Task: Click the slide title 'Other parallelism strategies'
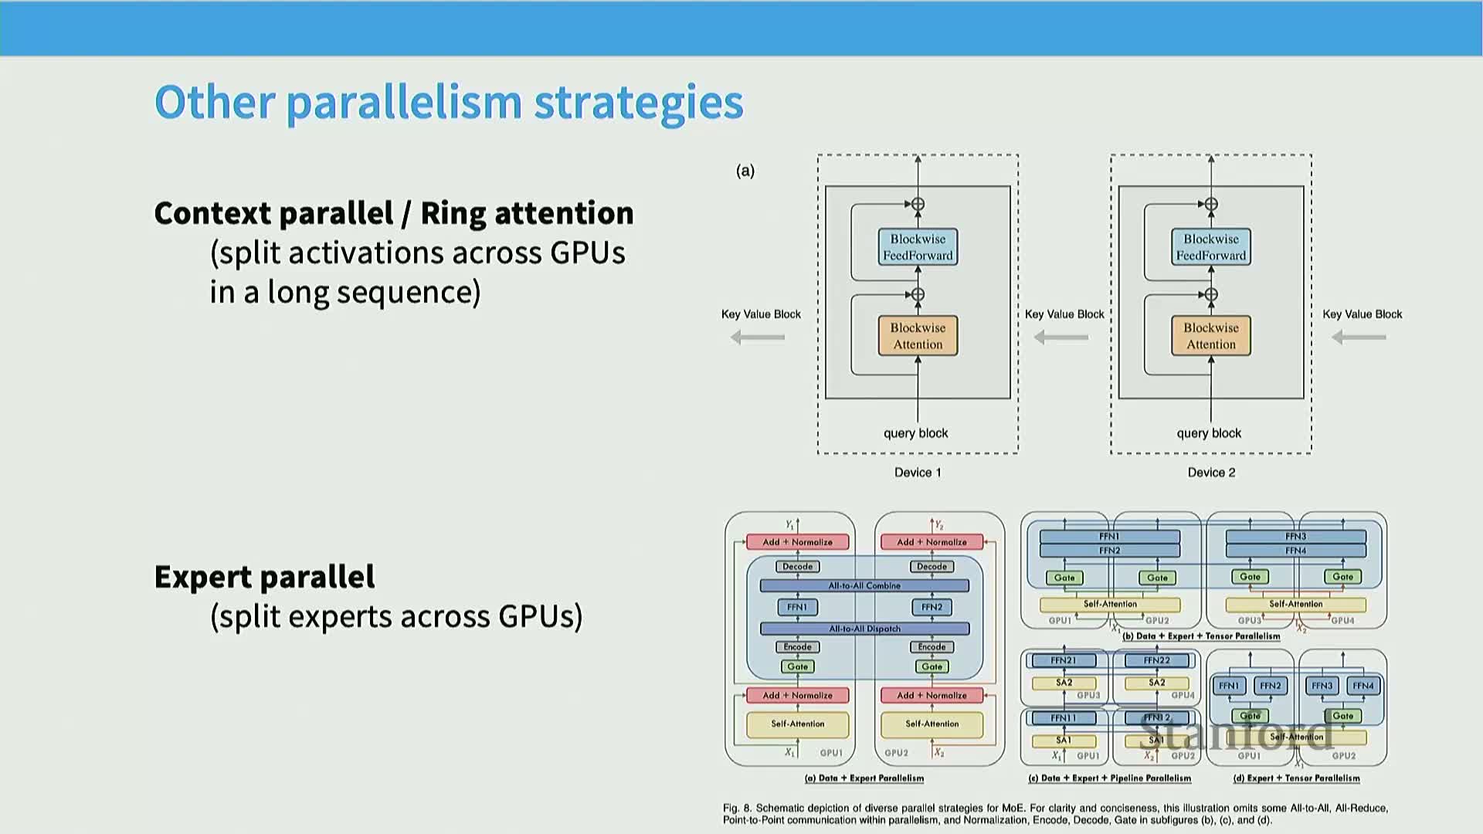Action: click(x=449, y=102)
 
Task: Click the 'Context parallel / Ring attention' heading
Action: click(x=393, y=213)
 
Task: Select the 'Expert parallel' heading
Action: click(x=264, y=577)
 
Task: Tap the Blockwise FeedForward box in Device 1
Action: click(x=918, y=247)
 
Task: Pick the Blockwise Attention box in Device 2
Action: click(x=1210, y=336)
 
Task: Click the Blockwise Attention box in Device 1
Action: click(x=918, y=336)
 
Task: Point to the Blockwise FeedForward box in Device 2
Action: click(x=1210, y=247)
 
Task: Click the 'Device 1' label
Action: click(x=918, y=473)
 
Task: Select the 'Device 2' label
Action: click(x=1211, y=473)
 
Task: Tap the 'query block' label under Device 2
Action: click(x=1209, y=433)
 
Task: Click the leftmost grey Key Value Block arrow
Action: click(x=758, y=337)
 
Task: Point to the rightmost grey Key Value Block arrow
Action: click(x=1359, y=337)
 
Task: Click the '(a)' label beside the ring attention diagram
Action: click(x=745, y=171)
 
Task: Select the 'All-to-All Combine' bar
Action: click(x=864, y=586)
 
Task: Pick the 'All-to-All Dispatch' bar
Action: click(x=864, y=629)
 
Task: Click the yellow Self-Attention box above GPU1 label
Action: click(x=797, y=724)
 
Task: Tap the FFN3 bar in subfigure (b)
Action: click(x=1295, y=537)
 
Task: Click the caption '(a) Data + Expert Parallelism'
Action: click(x=864, y=778)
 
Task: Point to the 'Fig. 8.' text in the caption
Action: click(x=737, y=809)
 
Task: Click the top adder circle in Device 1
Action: click(x=918, y=205)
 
